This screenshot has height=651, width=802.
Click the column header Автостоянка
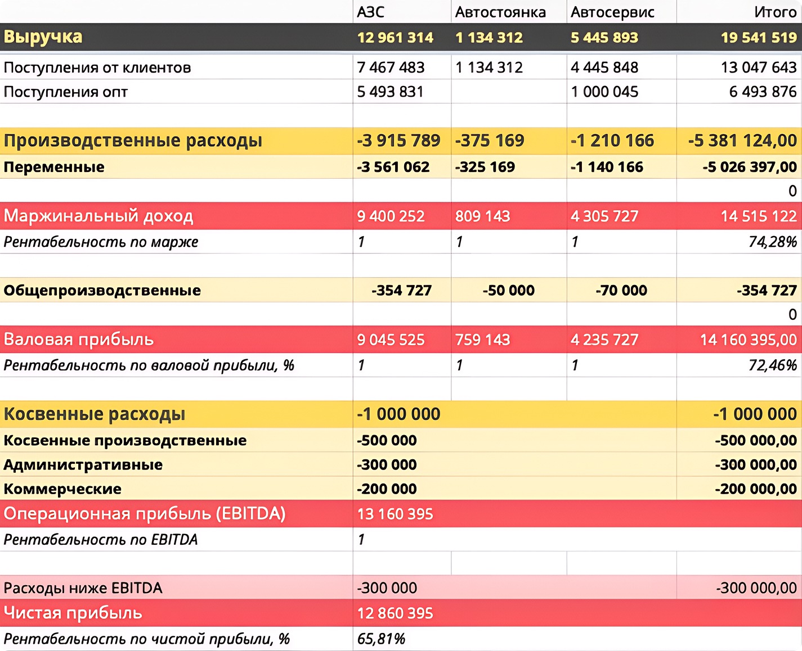500,12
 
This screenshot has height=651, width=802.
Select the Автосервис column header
612,12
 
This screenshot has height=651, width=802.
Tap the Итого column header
775,12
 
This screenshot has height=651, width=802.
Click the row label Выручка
43,37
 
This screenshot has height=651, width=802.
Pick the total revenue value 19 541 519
758,38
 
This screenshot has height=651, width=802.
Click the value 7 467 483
391,67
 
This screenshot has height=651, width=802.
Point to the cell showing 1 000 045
604,92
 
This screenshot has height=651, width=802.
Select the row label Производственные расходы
133,141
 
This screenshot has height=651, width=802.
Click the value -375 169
490,141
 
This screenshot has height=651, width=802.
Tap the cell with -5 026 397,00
749,167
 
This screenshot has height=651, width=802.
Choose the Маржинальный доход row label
98,216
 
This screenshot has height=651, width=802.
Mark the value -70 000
621,291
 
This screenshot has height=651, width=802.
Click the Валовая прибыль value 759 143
482,340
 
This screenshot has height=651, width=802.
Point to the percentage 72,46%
772,365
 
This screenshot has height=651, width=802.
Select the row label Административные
83,465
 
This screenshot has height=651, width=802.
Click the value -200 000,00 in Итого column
755,489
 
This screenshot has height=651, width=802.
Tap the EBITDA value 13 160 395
395,514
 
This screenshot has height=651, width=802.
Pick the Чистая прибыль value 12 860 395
395,613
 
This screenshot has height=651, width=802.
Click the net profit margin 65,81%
381,639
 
